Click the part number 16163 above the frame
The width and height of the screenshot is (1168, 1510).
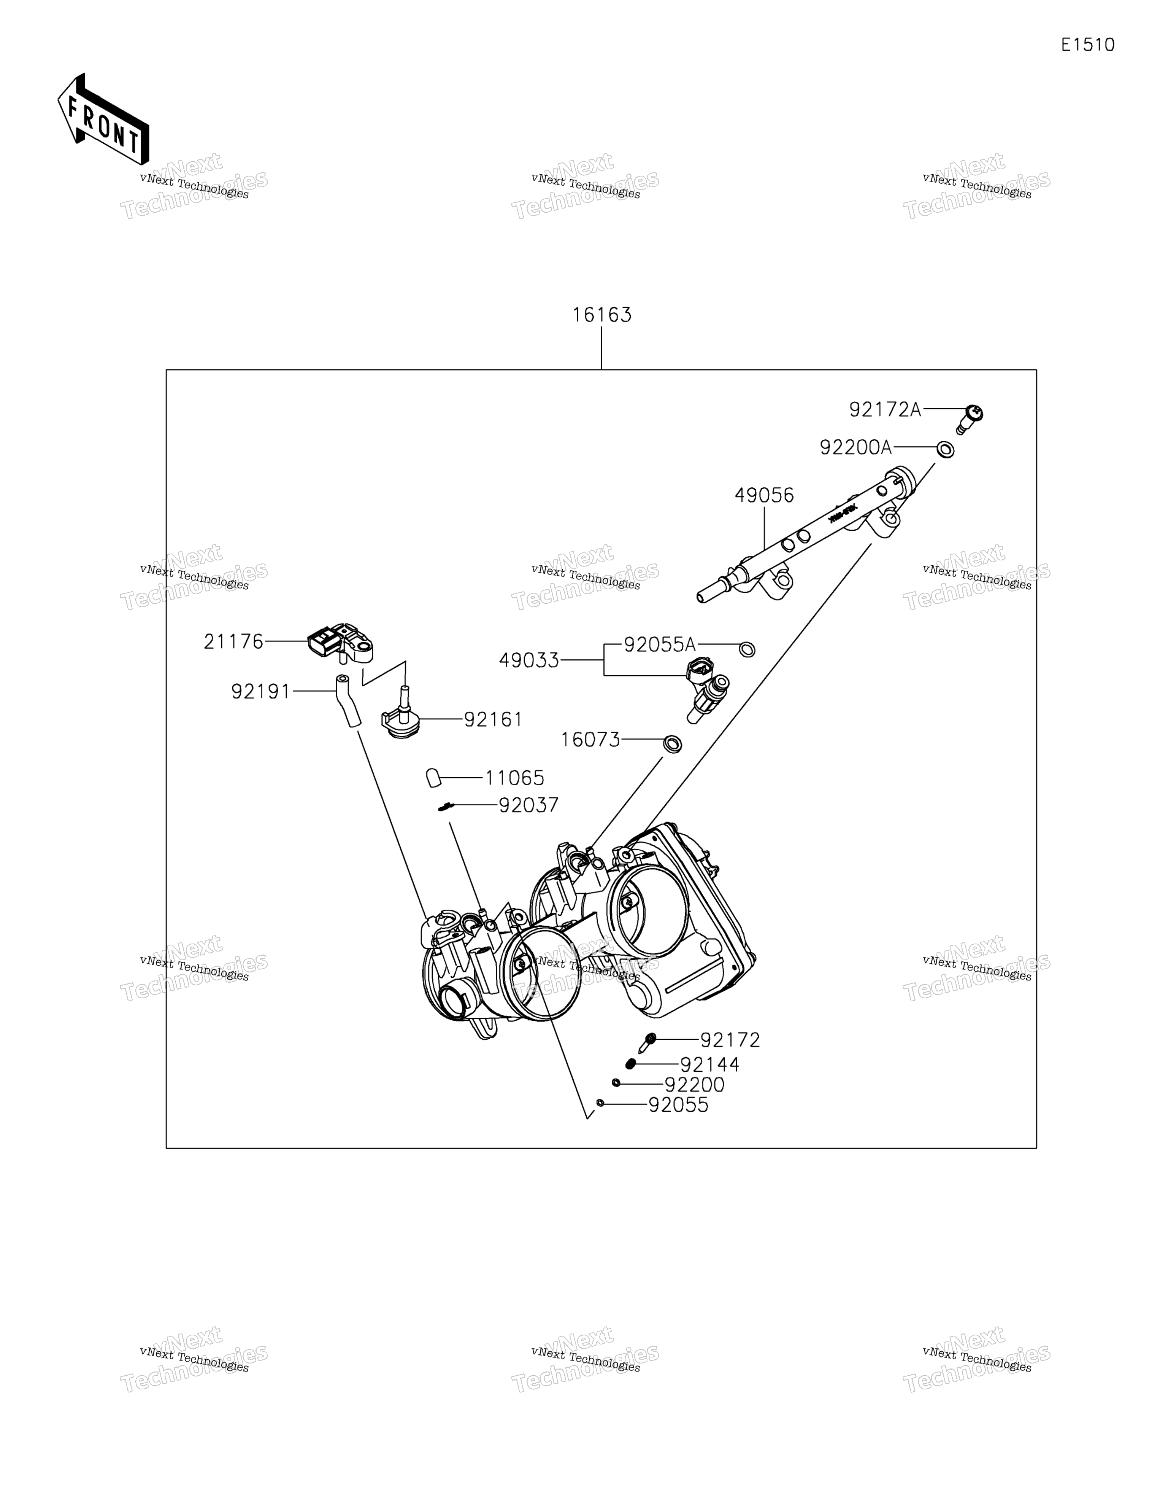601,315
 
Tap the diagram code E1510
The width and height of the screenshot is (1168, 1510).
1088,45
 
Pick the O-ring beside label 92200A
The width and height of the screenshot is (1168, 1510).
946,449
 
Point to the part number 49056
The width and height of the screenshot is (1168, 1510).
764,495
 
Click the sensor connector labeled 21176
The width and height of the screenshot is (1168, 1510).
340,643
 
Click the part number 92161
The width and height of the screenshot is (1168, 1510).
493,720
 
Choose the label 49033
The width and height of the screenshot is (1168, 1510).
529,661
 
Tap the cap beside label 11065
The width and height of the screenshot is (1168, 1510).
433,778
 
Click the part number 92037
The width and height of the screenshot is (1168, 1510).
529,805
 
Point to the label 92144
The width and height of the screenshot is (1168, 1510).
710,1065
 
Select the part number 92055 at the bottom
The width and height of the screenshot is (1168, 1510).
679,1106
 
